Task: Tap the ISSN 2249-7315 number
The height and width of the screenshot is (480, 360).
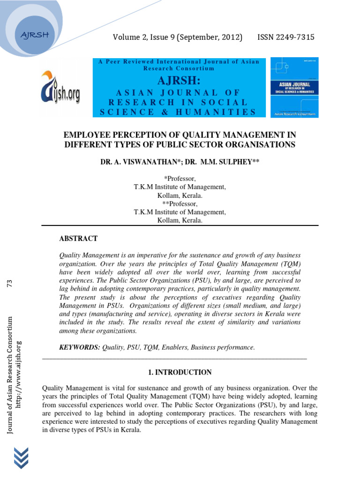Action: [285, 37]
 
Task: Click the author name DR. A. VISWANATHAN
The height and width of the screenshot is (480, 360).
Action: [139, 162]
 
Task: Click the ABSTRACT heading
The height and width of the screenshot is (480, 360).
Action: [78, 239]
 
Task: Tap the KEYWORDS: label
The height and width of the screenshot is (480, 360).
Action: [79, 347]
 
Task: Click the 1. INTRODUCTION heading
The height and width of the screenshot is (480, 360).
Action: [180, 372]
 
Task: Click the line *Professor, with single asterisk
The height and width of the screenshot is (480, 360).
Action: [180, 179]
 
